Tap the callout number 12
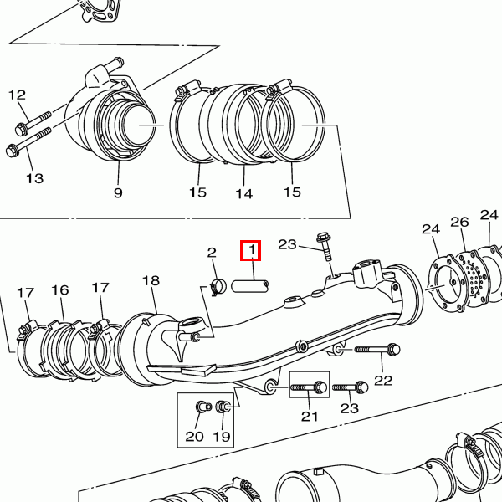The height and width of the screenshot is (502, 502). point(18,95)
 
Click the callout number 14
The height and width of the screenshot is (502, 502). point(243,193)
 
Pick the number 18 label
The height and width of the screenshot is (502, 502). point(151,281)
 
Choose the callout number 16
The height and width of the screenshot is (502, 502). point(59,290)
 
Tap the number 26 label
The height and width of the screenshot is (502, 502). point(459,223)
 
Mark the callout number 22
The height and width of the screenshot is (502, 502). point(383,381)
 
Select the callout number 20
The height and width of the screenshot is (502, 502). point(194,436)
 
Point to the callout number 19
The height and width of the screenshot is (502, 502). point(222,436)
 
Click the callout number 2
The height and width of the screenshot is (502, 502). point(212,252)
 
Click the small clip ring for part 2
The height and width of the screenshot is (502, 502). point(219,287)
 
